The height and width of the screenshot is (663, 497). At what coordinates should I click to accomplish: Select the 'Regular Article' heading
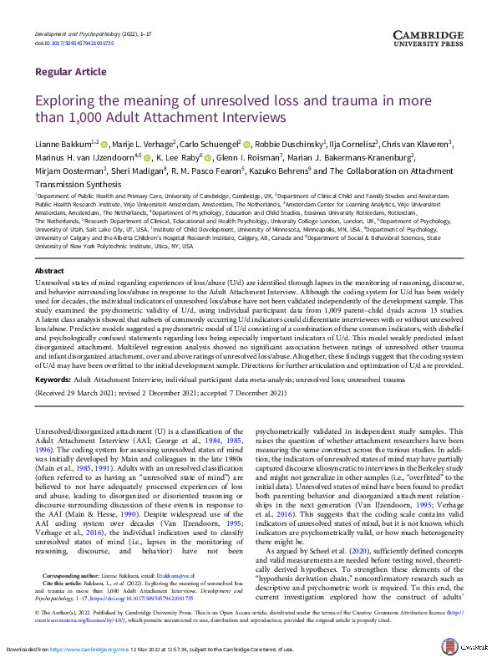(x=70, y=72)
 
